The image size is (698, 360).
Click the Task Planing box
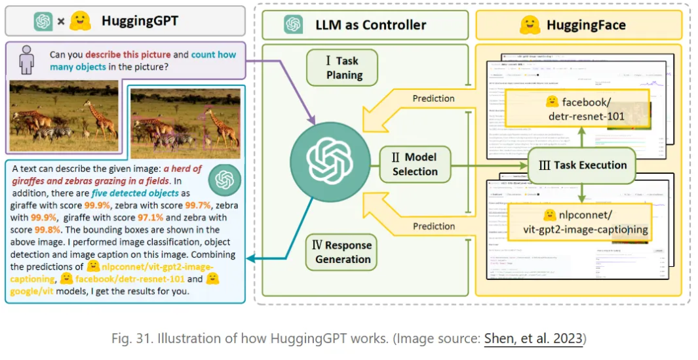342,68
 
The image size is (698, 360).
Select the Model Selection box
414,164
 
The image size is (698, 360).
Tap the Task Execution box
582,165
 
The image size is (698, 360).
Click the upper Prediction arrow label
433,98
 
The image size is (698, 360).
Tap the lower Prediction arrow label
433,226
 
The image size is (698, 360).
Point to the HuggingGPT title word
140,21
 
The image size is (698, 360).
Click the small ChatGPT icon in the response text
224,178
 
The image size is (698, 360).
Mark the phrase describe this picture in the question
128,54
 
